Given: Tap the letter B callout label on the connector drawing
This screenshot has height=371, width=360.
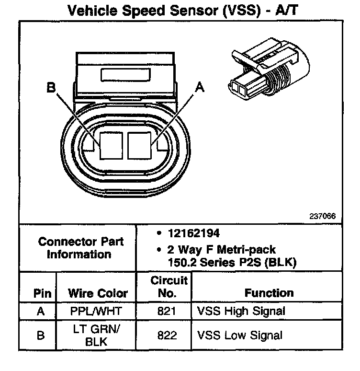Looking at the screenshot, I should pos(51,88).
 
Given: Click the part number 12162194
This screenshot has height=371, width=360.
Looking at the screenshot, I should pos(194,233).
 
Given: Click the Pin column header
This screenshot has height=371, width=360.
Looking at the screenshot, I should pos(40,293).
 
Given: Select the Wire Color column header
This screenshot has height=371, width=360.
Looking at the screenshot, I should pos(98,293).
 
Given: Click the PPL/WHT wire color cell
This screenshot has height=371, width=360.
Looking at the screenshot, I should pos(98,311).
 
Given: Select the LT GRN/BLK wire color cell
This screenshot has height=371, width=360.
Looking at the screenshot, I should pos(98,335).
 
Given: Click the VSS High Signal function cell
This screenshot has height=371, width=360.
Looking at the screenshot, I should pos(241,311).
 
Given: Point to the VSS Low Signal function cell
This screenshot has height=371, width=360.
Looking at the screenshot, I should pos(240,335).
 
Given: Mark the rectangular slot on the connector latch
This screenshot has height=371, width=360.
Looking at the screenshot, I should pos(126,75).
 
